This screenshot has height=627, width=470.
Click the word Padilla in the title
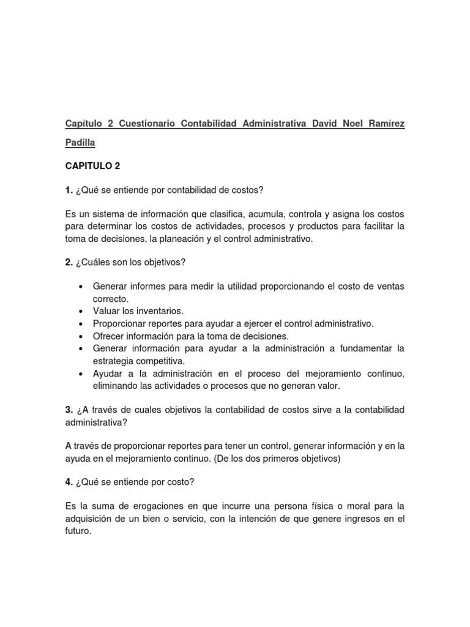[80, 143]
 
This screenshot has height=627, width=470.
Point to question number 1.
[69, 190]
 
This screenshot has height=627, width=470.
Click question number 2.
[69, 262]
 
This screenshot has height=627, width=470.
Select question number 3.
[69, 409]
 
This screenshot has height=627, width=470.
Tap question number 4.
[69, 482]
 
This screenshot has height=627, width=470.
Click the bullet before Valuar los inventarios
[81, 311]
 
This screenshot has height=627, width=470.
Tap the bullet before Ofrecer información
[81, 336]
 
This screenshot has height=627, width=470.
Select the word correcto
[111, 299]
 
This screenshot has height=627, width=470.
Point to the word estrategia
[113, 361]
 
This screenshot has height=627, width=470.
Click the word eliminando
[114, 386]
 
